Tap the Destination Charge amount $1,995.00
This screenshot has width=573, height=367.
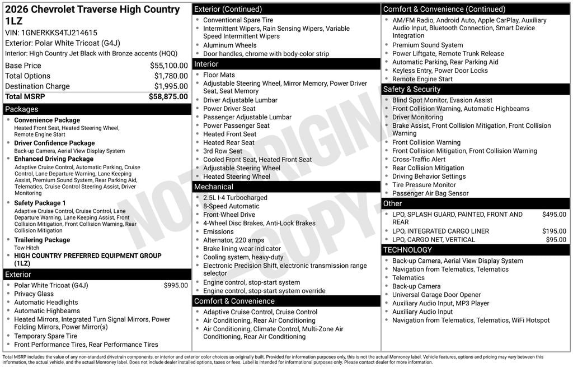pyautogui.click(x=171, y=86)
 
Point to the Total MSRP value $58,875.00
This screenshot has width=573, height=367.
pyautogui.click(x=168, y=96)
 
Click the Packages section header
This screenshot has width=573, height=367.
pyautogui.click(x=22, y=109)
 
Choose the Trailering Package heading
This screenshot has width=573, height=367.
pyautogui.click(x=42, y=240)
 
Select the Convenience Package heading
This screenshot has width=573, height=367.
pyautogui.click(x=47, y=120)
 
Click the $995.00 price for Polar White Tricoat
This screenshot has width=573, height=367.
pyautogui.click(x=176, y=285)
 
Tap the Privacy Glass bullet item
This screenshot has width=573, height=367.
pyautogui.click(x=34, y=294)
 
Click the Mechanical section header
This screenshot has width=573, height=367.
pyautogui.click(x=214, y=187)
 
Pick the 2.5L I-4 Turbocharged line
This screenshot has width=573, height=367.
pyautogui.click(x=235, y=198)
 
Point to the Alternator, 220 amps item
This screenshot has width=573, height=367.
pyautogui.click(x=234, y=240)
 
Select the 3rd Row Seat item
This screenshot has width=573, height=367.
pyautogui.click(x=223, y=151)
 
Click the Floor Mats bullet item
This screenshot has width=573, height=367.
pyautogui.click(x=219, y=75)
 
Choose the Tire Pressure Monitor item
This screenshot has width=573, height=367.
pyautogui.click(x=424, y=185)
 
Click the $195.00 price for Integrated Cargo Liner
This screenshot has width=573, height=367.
pyautogui.click(x=554, y=231)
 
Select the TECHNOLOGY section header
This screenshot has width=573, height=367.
pyautogui.click(x=407, y=250)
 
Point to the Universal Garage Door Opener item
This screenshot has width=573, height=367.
pyautogui.click(x=436, y=295)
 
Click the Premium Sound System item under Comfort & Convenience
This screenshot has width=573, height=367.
pyautogui.click(x=428, y=45)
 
